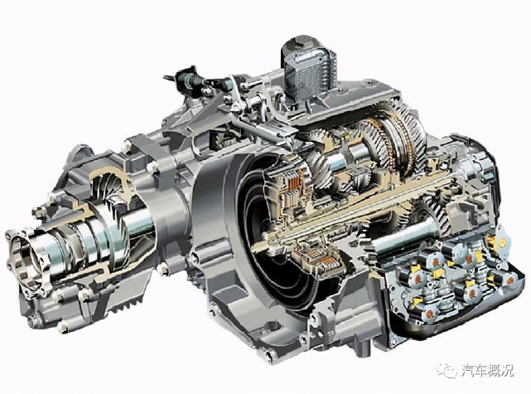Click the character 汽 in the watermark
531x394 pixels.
pos(469,370)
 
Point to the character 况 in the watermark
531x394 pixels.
pos(507,370)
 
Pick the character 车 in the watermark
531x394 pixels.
pos(481,370)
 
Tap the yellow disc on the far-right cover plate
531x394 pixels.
pos(501,241)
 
